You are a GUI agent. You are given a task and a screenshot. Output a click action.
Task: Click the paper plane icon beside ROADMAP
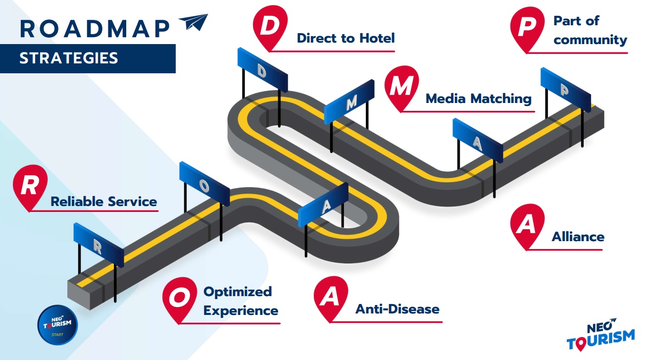tap(194, 23)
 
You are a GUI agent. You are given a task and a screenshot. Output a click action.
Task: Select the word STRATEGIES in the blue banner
tap(69, 58)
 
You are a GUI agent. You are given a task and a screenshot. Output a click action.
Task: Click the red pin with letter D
tap(269, 27)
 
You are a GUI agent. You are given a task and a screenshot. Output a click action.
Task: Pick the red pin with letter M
tap(401, 88)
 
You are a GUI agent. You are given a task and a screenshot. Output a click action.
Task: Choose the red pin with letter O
tap(180, 297)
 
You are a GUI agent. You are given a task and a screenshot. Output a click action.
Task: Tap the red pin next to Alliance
tap(527, 225)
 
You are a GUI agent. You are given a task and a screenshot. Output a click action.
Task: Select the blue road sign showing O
tap(204, 184)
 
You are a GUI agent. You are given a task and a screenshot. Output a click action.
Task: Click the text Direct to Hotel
tap(346, 38)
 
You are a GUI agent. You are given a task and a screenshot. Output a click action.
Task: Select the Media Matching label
tap(478, 99)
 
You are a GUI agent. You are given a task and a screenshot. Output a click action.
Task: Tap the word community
tap(590, 40)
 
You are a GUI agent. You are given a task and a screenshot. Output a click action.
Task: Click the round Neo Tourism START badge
tap(57, 325)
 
